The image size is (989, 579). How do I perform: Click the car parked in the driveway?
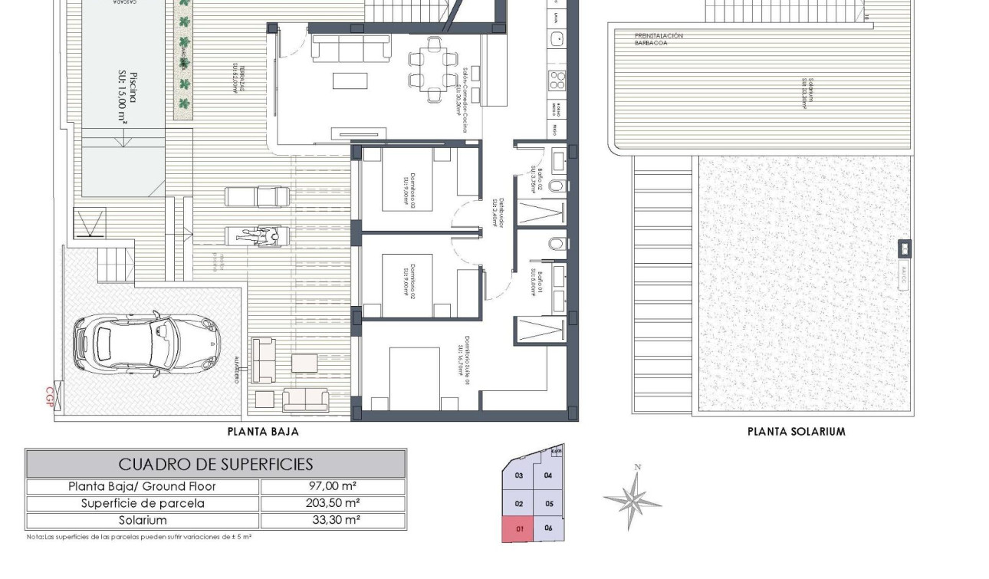click(x=146, y=343)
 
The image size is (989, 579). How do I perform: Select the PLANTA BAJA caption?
click(x=263, y=432)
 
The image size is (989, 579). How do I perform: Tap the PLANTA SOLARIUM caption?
click(x=796, y=432)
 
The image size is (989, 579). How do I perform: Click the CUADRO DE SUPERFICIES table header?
click(x=215, y=464)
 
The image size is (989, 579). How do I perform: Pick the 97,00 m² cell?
click(x=333, y=486)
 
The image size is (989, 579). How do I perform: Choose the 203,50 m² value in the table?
click(x=333, y=503)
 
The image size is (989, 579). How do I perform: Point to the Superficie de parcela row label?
click(x=143, y=503)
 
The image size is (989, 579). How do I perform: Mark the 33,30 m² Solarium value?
click(x=333, y=520)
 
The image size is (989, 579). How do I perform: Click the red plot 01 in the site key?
click(x=518, y=529)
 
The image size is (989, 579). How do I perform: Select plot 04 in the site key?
click(x=548, y=475)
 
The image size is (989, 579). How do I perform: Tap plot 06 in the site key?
click(x=548, y=528)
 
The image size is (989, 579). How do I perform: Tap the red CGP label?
click(x=51, y=396)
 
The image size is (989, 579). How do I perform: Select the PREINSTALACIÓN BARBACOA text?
click(x=658, y=40)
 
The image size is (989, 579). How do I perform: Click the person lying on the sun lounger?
click(x=259, y=236)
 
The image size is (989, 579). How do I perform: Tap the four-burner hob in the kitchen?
click(x=556, y=80)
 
